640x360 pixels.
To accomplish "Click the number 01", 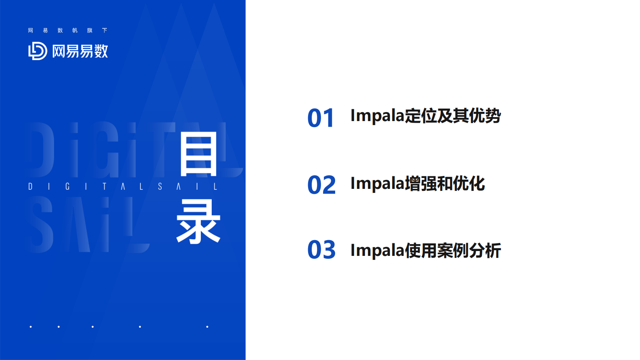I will click(321, 118).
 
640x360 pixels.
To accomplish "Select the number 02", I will click(321, 185).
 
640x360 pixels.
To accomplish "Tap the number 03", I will click(321, 250).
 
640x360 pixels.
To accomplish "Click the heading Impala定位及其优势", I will click(425, 116).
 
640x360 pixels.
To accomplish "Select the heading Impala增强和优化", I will click(417, 184).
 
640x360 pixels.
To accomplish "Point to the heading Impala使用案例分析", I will click(425, 251).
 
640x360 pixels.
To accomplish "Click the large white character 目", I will click(199, 155).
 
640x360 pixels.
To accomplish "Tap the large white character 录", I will click(198, 222).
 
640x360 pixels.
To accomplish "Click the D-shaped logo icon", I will click(38, 51).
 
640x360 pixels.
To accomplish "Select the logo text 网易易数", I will click(80, 51).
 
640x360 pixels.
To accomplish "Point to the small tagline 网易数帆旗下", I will click(67, 30).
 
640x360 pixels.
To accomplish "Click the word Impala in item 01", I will click(377, 116).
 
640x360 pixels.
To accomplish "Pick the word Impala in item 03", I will click(377, 251).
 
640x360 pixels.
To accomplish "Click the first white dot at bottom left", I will click(31, 327).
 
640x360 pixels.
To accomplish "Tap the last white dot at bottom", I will click(207, 327).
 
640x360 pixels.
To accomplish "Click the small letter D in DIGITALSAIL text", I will click(30, 186).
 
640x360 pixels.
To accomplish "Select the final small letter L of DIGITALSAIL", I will click(215, 186).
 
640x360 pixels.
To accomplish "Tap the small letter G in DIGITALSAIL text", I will click(67, 186).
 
